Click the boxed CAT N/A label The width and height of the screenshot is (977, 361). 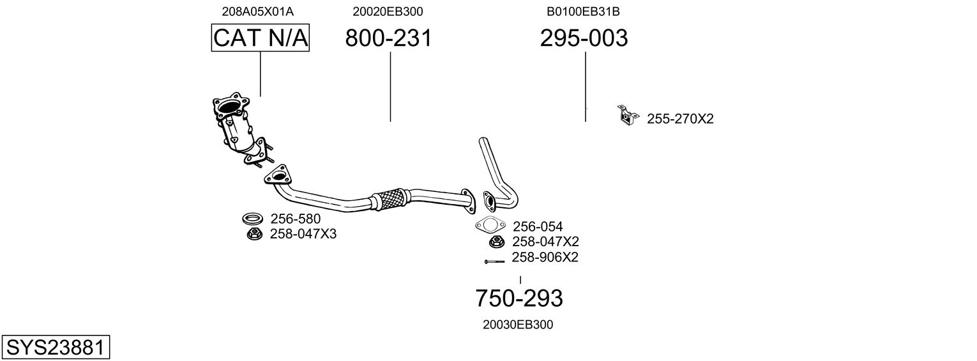[261, 38]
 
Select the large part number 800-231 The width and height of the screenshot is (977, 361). [388, 38]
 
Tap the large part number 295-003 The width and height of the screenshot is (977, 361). [584, 38]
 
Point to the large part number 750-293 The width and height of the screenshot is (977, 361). [519, 298]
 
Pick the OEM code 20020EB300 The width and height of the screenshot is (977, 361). [388, 11]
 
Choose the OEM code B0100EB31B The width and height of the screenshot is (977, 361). [583, 11]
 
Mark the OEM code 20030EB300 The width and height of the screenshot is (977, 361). [518, 325]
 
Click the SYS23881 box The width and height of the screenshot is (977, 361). [55, 348]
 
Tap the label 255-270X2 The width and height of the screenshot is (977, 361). [680, 119]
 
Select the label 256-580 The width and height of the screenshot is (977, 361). [296, 219]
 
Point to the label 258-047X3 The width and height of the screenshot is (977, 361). [303, 234]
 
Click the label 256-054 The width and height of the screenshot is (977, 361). [538, 226]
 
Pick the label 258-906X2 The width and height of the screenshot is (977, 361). [545, 258]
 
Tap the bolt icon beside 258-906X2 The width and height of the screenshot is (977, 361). [494, 261]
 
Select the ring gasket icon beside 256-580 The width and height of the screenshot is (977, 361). [254, 219]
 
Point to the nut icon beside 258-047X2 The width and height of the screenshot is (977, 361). [496, 242]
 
